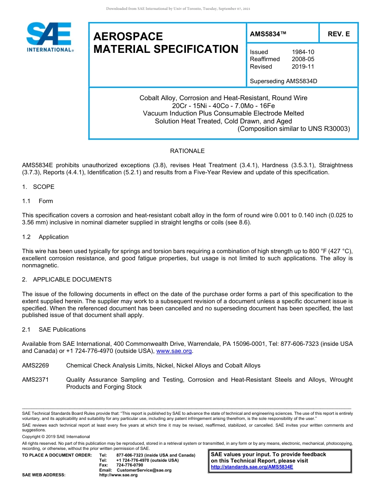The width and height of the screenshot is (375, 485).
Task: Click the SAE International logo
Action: tap(49, 37)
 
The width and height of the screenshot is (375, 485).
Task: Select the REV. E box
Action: tap(338, 34)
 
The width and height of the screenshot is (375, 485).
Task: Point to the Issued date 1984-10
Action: tap(303, 52)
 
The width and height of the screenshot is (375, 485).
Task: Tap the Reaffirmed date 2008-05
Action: tap(303, 59)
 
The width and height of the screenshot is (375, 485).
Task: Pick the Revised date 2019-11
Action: tap(303, 67)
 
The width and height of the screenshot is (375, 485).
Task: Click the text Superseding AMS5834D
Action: tap(283, 81)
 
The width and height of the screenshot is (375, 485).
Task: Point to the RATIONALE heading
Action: tap(187, 151)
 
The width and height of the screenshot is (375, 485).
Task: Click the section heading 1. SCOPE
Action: tap(38, 187)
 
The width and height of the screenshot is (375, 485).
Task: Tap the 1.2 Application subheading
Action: tap(45, 237)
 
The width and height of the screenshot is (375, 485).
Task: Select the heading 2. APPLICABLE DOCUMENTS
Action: tap(67, 280)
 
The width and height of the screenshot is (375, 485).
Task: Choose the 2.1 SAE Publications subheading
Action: tap(54, 330)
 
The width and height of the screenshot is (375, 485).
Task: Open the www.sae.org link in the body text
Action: tap(174, 351)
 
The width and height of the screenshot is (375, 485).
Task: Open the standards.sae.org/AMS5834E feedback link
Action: tap(252, 467)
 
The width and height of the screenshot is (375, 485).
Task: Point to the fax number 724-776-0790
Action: tap(130, 465)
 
